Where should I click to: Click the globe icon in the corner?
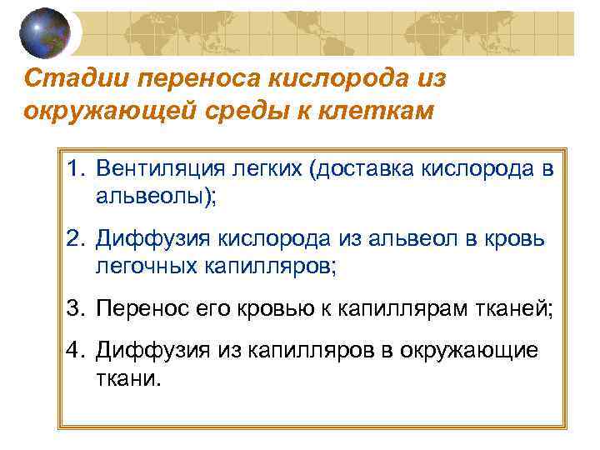click(x=44, y=32)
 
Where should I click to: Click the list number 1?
click(x=76, y=169)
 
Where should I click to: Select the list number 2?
click(x=76, y=239)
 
